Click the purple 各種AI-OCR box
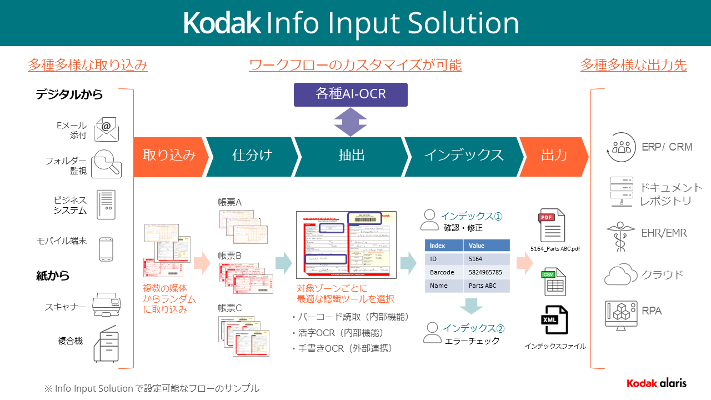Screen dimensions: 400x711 pos(351,94)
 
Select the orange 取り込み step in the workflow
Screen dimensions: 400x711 pos(169,155)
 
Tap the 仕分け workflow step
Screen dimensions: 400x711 pos(252,155)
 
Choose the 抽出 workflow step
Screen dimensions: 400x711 pos(351,155)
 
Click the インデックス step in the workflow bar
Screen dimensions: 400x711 pos(463,155)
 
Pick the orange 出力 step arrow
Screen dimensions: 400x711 pos(553,155)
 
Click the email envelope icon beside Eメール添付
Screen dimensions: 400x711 pos(107,129)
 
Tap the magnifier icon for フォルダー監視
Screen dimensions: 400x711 pos(107,164)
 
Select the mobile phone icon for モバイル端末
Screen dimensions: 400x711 pos(107,249)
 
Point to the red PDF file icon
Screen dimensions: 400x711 pos(553,225)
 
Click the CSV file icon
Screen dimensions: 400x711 pos(554,282)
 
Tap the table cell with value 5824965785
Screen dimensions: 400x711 pos(486,272)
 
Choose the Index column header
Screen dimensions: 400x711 pos(444,246)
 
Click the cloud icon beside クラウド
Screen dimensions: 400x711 pos(620,274)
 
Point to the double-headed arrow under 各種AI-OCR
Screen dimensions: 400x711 pos(351,122)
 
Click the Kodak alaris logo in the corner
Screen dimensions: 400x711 pos(657,383)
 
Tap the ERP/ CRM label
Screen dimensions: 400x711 pos(667,147)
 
